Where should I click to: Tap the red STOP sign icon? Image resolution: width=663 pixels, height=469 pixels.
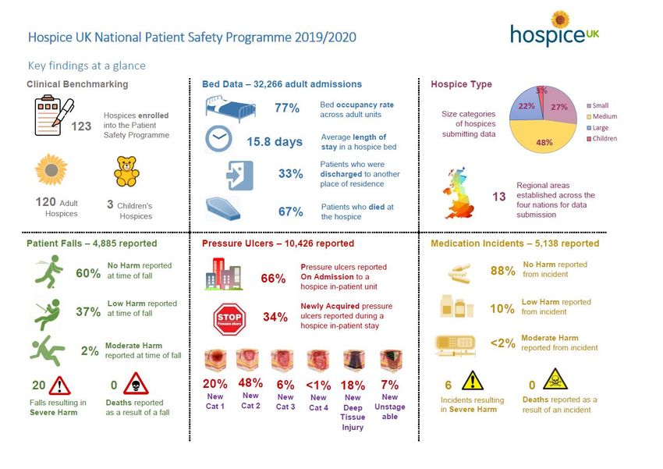pos(229,318)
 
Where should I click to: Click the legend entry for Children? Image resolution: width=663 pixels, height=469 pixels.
pos(604,139)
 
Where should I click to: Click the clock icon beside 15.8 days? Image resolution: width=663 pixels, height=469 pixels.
pos(219,140)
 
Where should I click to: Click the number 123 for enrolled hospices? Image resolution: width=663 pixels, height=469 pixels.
pos(82,126)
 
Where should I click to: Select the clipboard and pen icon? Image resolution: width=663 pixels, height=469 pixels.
pos(53,115)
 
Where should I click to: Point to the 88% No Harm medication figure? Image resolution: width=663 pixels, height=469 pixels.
pos(502,271)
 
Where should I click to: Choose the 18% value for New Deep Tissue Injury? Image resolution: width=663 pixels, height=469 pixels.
pos(353,385)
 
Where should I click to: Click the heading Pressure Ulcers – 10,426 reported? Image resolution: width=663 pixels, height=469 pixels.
pos(278,243)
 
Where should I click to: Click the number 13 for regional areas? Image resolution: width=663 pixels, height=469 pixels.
pos(499,197)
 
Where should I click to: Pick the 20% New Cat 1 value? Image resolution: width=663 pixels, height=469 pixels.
pos(214,384)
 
